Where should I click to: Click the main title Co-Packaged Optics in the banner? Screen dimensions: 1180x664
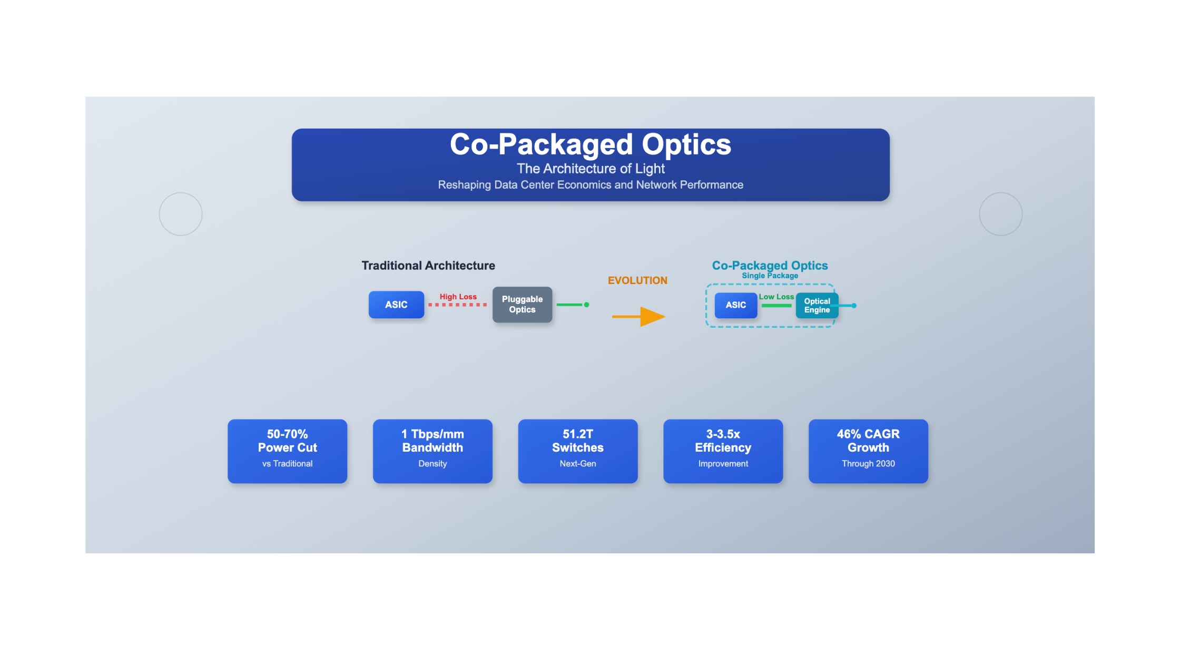[x=591, y=144]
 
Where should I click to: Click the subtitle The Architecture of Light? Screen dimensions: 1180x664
[x=591, y=169]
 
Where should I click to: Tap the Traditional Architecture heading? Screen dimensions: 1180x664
[x=428, y=266]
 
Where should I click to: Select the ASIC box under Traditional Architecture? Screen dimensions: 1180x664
[x=396, y=305]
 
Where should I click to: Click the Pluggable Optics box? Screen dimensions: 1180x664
[x=522, y=305]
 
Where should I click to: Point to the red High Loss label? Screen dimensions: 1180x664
[x=458, y=297]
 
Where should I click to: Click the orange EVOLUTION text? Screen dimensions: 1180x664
[x=637, y=280]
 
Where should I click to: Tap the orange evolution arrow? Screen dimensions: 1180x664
[x=638, y=317]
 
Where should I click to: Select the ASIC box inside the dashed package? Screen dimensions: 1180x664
[x=736, y=305]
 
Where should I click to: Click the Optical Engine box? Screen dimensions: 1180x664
[x=817, y=306]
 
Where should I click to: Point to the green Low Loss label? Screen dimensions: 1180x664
[x=776, y=297]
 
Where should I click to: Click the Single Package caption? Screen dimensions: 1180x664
[x=770, y=276]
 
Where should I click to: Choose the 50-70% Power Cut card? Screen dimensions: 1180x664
[x=288, y=451]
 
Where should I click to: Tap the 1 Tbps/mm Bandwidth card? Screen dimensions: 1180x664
[x=432, y=451]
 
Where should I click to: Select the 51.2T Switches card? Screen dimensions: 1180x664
[x=578, y=451]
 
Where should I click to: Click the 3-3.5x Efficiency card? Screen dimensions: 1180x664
[x=723, y=451]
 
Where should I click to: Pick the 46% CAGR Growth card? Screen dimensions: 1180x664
[x=868, y=451]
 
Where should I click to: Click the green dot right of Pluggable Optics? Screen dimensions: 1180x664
[x=586, y=305]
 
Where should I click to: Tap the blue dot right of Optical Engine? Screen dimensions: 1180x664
[x=854, y=306]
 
